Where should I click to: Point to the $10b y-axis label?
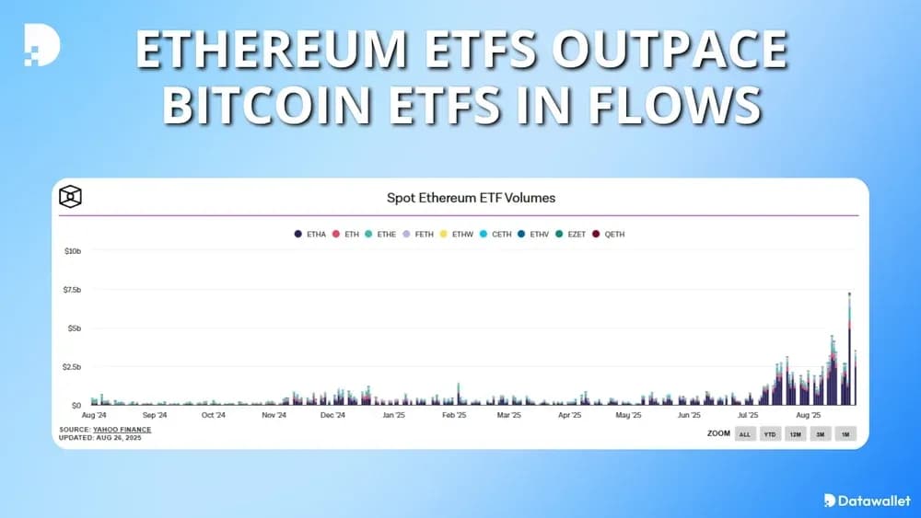(73, 251)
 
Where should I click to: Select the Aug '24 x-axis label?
(95, 415)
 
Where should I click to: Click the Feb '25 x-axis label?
(454, 415)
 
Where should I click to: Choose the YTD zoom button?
(770, 433)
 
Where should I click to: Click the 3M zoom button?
(821, 433)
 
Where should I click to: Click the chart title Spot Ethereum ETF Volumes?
(471, 197)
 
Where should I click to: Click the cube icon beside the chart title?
(71, 197)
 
